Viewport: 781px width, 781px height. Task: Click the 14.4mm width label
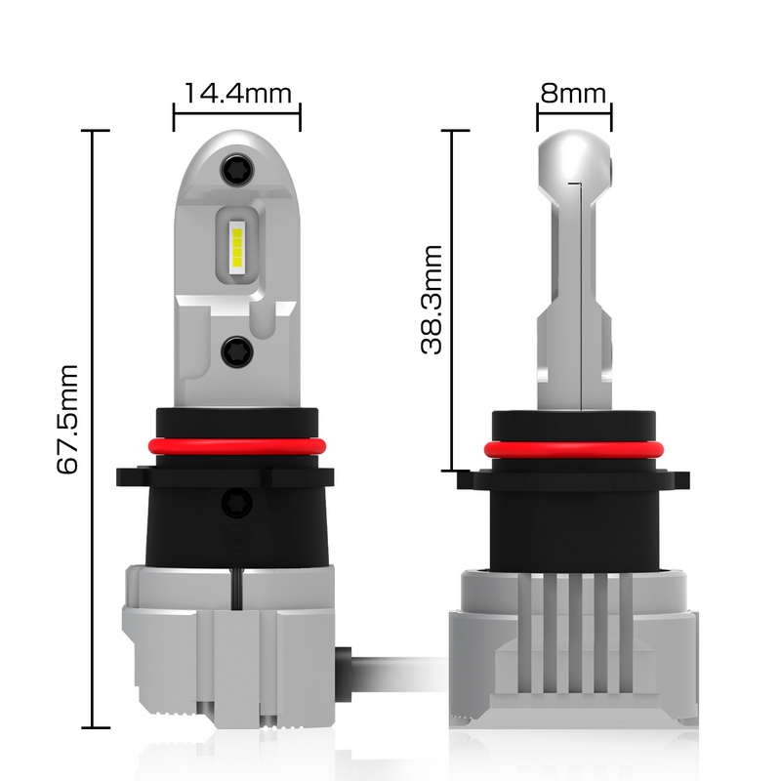[x=237, y=94]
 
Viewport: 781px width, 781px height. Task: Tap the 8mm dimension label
[x=573, y=94]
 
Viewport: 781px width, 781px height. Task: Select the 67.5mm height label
[x=68, y=419]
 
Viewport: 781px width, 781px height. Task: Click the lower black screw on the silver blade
[x=237, y=351]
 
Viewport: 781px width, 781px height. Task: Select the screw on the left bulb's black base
[x=237, y=502]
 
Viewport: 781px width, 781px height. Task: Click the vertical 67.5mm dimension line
[x=94, y=430]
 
